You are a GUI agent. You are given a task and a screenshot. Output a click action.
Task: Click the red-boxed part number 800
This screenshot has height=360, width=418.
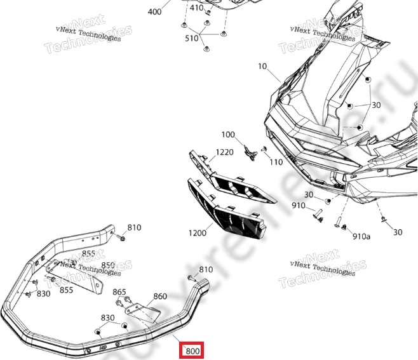[192, 350]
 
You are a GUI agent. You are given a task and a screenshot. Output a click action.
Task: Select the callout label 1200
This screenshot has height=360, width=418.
[197, 233]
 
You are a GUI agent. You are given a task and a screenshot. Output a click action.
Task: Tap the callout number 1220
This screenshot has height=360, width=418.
[224, 152]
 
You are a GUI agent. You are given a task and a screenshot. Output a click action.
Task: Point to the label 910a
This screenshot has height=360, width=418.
[361, 236]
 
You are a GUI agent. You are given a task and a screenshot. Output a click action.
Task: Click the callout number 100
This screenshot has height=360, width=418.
[228, 135]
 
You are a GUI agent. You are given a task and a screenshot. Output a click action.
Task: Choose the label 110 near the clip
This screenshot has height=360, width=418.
[276, 163]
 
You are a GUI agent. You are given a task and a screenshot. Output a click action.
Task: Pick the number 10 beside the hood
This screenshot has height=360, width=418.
[263, 66]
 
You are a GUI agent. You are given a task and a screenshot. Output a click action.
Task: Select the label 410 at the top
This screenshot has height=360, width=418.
[197, 8]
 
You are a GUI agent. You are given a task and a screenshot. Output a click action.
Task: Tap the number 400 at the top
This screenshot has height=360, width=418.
[154, 11]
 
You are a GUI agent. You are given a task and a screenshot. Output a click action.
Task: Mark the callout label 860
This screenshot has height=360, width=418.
[160, 297]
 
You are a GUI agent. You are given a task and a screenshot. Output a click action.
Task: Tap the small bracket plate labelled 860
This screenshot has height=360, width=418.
[141, 310]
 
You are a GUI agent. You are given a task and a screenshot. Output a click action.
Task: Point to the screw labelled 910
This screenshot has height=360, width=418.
[319, 218]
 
